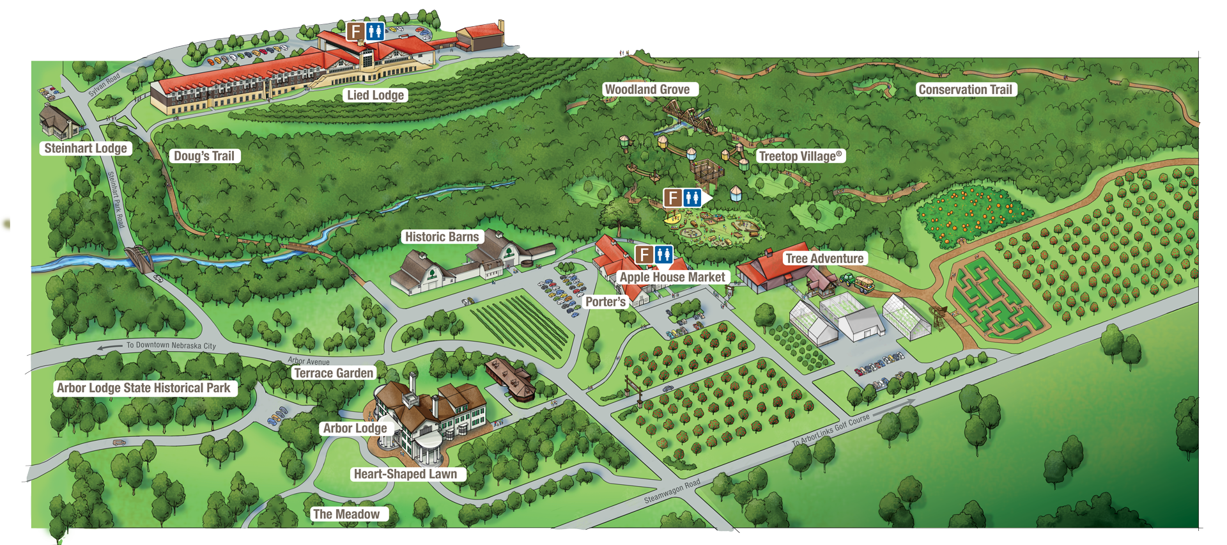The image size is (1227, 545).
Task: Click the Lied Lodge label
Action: click(375, 95)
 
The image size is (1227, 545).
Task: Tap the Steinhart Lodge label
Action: click(86, 148)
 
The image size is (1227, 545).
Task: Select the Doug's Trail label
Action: click(204, 156)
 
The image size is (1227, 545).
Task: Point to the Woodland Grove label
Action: click(647, 90)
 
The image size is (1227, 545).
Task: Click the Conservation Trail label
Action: click(965, 90)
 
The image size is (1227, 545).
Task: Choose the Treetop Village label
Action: click(800, 156)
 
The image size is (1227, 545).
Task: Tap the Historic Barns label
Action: click(442, 237)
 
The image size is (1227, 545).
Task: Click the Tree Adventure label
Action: click(824, 258)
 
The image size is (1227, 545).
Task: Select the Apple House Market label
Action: click(672, 277)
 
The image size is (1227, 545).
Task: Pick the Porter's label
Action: click(605, 302)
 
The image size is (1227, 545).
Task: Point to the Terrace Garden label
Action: click(333, 373)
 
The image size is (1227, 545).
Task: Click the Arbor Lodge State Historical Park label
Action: click(143, 388)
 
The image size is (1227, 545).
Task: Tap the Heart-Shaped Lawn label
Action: click(405, 474)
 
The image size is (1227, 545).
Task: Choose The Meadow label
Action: click(346, 514)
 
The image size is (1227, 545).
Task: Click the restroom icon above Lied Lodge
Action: click(375, 31)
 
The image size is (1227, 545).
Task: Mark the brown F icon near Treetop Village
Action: click(672, 198)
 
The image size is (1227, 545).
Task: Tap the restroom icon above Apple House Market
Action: click(664, 255)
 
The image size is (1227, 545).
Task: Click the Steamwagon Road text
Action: click(672, 491)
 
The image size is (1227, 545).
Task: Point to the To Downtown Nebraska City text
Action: click(171, 345)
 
